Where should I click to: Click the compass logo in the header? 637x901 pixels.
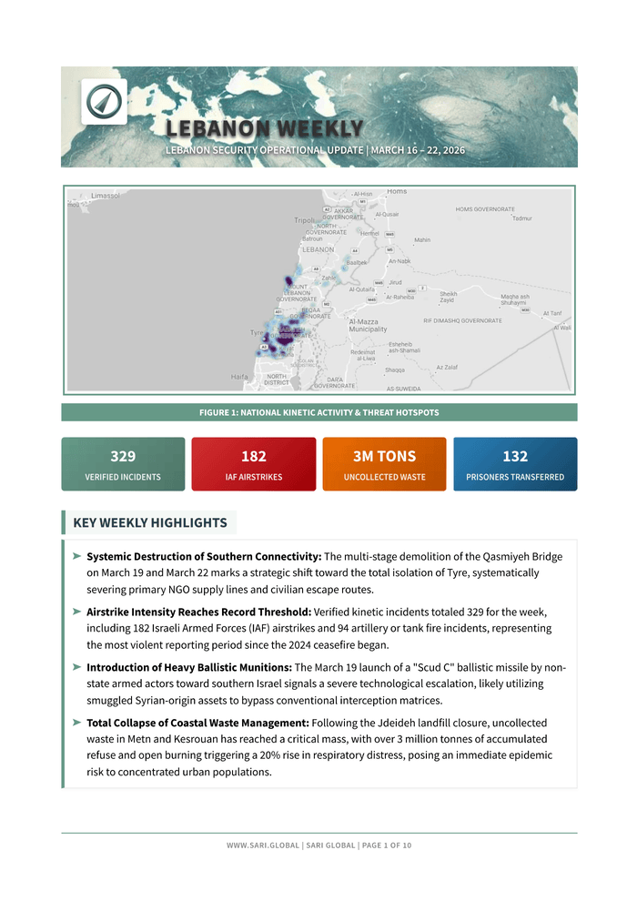pos(104,101)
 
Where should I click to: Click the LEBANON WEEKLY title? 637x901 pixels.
pos(264,129)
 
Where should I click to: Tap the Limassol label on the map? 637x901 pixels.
pos(106,196)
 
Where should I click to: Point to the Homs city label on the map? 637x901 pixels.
pos(397,192)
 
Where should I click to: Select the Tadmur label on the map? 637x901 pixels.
pos(522,218)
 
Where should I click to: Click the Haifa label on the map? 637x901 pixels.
pos(239,376)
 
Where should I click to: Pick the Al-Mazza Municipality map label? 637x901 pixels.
pos(368,325)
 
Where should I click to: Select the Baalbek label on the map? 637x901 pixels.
pos(357,262)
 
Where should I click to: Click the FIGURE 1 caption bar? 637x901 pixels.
pos(318,412)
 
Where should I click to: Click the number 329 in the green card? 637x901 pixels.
pos(123,457)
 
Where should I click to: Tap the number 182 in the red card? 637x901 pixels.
pos(254,457)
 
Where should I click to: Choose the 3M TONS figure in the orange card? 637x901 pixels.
pos(384,457)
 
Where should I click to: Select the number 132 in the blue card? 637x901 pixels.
pos(515,457)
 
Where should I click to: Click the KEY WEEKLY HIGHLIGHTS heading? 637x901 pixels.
pos(150,522)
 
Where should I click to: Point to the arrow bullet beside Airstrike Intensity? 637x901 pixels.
pos(77,612)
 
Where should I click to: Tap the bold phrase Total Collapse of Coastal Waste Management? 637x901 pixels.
pos(197,723)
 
